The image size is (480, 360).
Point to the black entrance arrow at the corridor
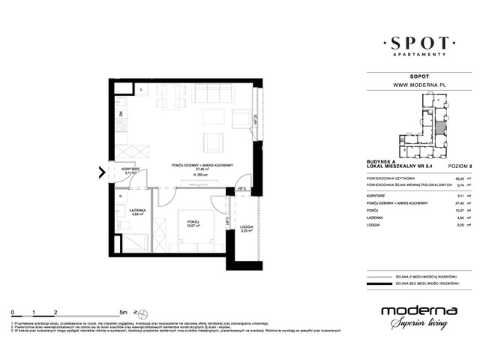pyautogui.click(x=102, y=174)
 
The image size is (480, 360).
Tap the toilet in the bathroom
pyautogui.click(x=123, y=225)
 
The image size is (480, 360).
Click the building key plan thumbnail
pyautogui.click(x=425, y=123)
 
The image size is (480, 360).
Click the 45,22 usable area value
pyautogui.click(x=457, y=178)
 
